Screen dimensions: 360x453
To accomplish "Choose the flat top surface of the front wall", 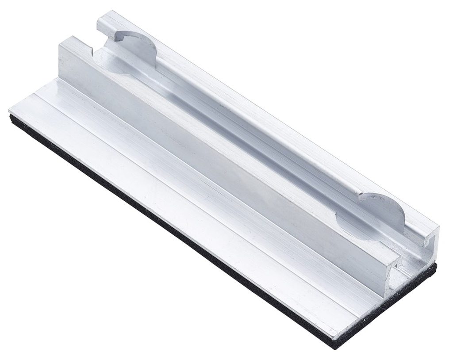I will click(221, 133).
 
